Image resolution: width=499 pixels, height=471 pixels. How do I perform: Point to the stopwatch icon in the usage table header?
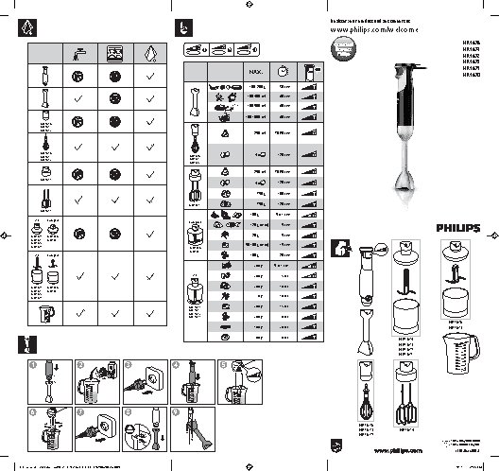tap(282, 71)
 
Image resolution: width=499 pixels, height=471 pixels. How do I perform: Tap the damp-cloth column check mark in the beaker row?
tap(150, 311)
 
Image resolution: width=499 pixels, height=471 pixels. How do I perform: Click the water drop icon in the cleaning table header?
tap(150, 55)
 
